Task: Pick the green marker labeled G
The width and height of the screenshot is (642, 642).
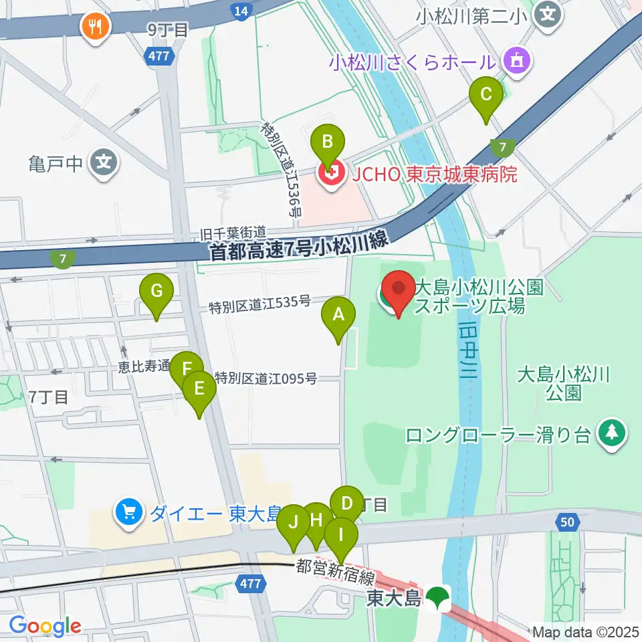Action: [156, 292]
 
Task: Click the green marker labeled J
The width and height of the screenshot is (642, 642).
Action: [294, 522]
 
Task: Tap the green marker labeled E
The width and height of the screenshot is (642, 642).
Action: [199, 388]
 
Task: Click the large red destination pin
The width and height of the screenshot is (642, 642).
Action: [399, 289]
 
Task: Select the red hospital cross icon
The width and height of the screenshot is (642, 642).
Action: [328, 175]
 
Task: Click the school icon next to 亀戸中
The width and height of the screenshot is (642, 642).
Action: [104, 162]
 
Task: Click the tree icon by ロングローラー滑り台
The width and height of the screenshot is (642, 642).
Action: [612, 434]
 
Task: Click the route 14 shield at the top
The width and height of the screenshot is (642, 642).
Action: [241, 10]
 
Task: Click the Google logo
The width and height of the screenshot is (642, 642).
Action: [45, 625]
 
